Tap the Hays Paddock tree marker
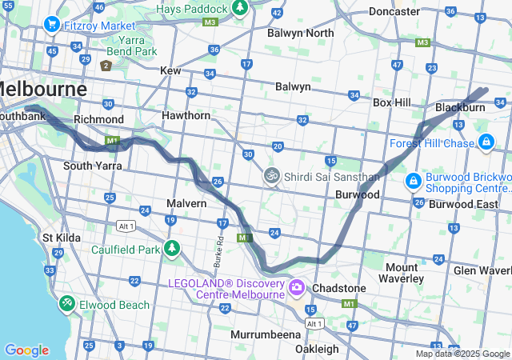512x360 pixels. tap(239, 8)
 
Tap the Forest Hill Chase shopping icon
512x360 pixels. tap(486, 142)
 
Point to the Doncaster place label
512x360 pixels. tap(394, 12)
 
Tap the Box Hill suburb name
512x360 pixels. tap(392, 102)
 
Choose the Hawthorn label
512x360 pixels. tap(187, 116)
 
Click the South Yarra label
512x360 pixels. tap(93, 166)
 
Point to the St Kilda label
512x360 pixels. tap(59, 238)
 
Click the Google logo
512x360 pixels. tap(26, 350)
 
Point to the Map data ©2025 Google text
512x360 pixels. tap(462, 354)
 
